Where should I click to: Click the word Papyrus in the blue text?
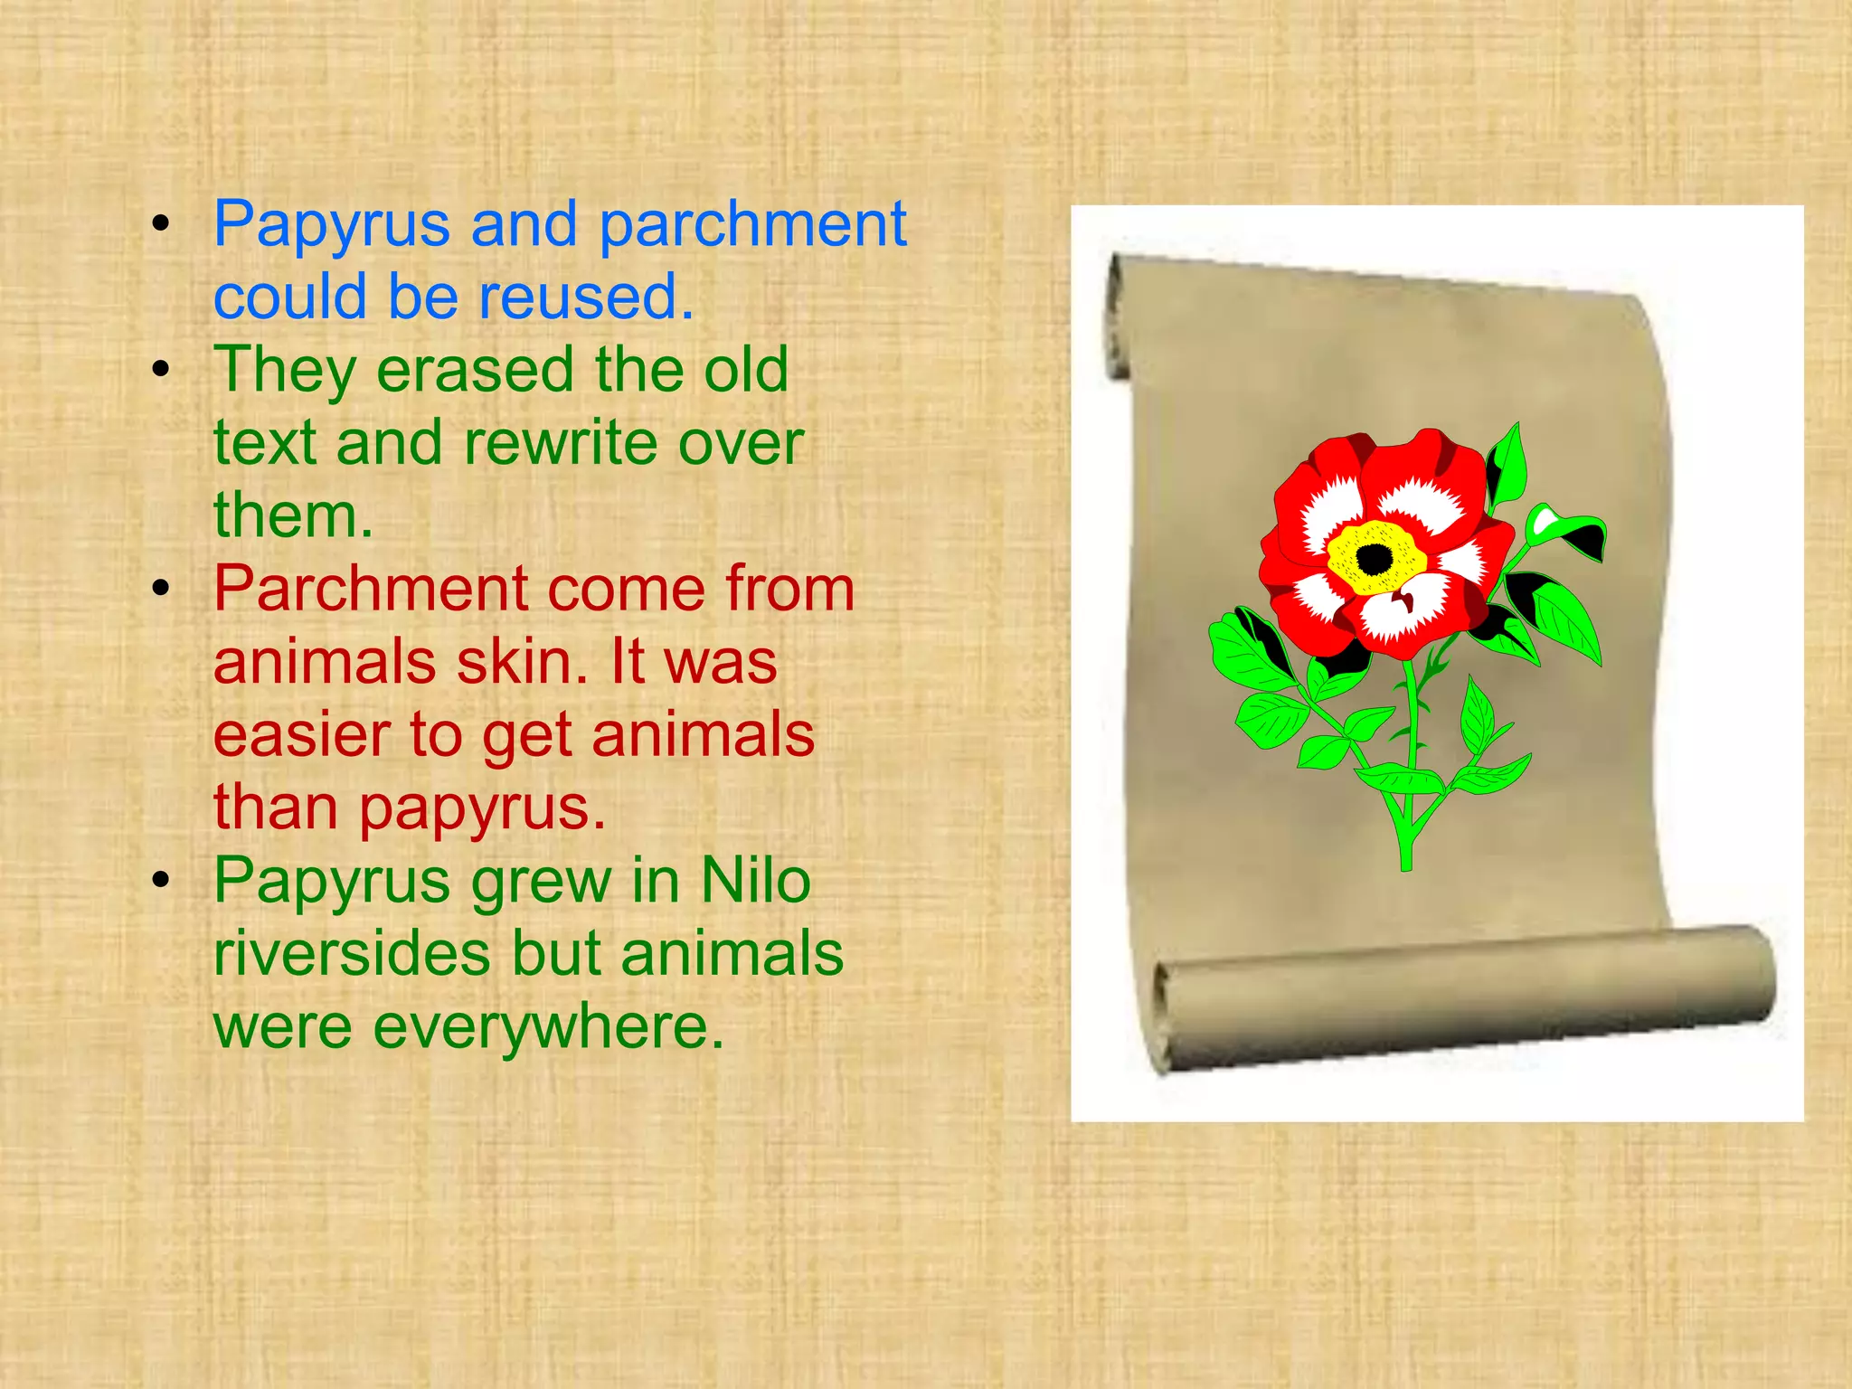(x=331, y=226)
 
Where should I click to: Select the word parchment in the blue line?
(x=752, y=226)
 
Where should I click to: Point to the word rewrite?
(x=562, y=443)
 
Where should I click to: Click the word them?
(x=292, y=515)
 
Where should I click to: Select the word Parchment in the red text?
(x=371, y=589)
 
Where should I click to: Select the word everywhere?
(x=549, y=1026)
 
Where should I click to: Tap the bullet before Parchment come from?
(x=161, y=589)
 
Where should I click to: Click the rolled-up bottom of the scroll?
(x=1465, y=995)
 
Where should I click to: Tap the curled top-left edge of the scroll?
(x=1120, y=317)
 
